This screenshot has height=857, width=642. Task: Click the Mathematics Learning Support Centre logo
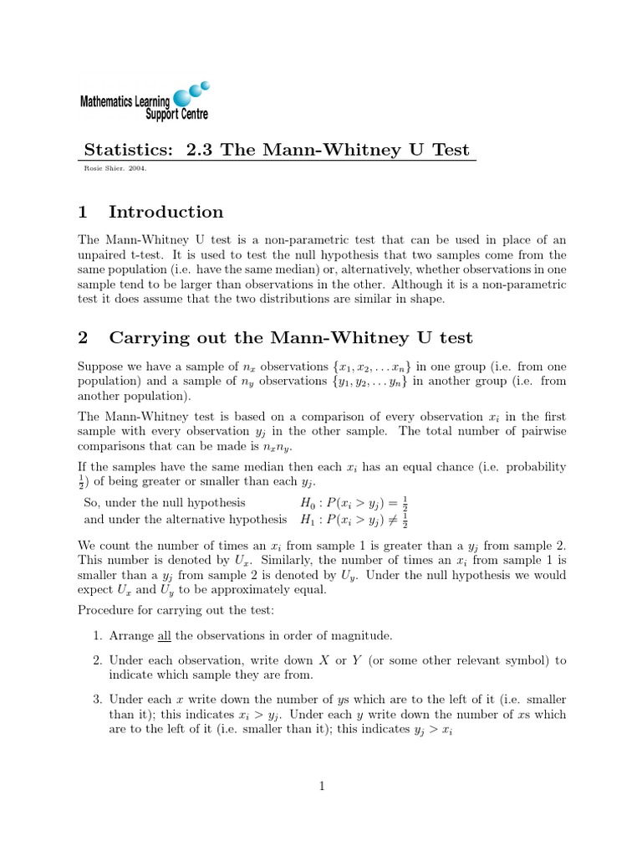pos(144,102)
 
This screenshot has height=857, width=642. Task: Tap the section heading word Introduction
pos(166,212)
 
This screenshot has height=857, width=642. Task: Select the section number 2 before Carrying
pos(83,338)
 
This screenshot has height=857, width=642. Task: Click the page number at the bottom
pos(321,785)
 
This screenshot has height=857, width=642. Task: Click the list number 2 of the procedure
pos(97,660)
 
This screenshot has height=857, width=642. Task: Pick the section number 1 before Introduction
pos(83,212)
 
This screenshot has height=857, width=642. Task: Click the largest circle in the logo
pos(181,98)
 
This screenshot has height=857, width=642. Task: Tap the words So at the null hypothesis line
pos(92,503)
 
